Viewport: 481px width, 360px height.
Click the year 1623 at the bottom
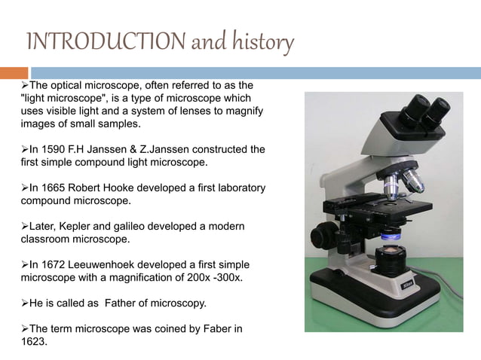click(33, 341)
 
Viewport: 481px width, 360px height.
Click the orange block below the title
click(14, 73)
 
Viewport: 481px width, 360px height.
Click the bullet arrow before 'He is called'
click(25, 304)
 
